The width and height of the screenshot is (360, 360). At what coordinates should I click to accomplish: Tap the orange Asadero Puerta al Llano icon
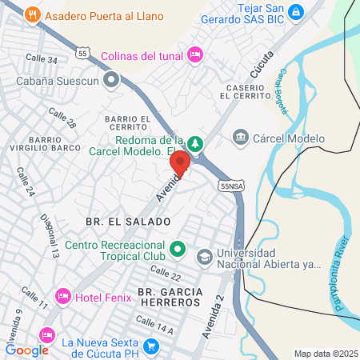click(32, 14)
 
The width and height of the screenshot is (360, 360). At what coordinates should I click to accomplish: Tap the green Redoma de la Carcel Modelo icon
click(196, 143)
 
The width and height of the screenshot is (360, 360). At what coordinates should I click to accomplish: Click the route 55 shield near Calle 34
click(83, 52)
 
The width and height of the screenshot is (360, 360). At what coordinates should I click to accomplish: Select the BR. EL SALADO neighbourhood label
click(129, 221)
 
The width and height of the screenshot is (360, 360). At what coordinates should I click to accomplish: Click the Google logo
click(27, 350)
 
